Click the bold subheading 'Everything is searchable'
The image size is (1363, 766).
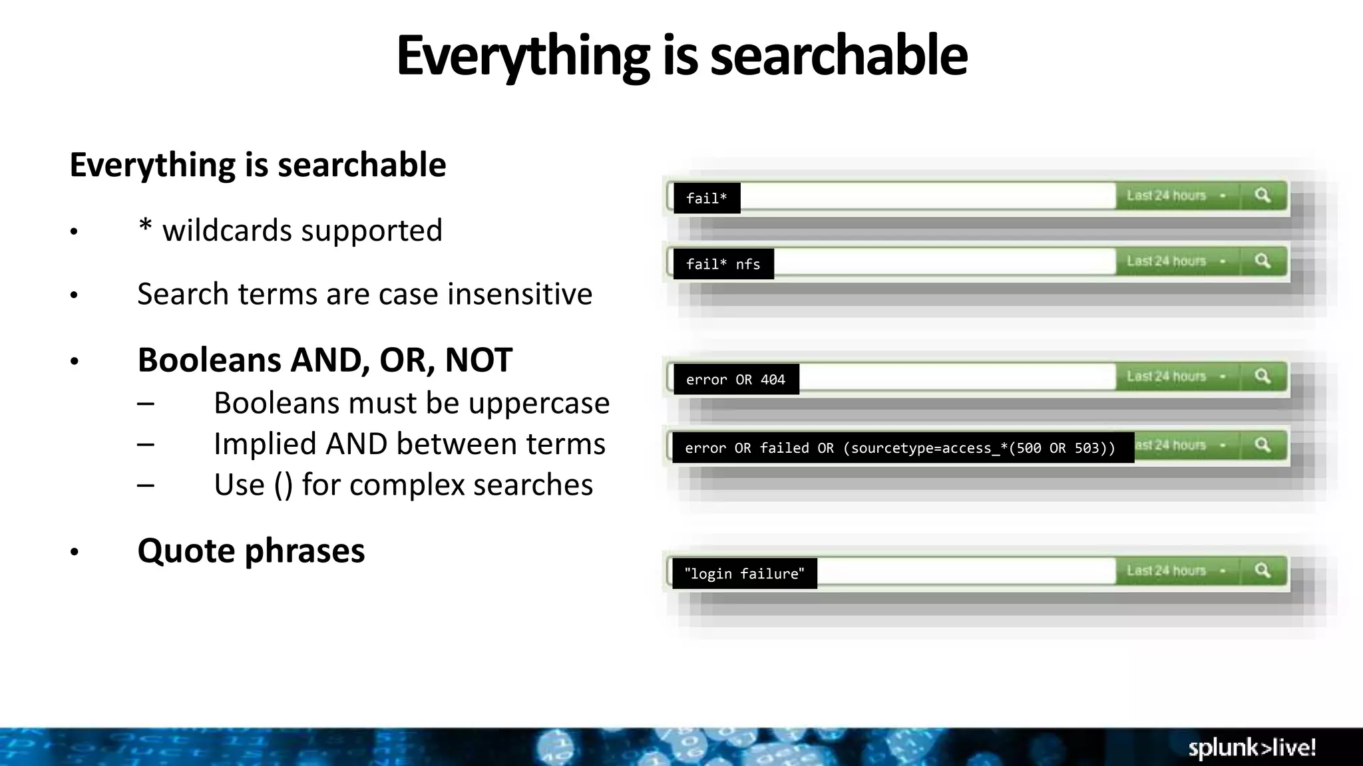coord(258,165)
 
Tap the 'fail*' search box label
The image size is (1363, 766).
coord(706,198)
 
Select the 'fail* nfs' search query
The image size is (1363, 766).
coord(723,264)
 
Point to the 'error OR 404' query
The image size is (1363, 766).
coord(735,380)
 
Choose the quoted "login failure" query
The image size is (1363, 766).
coord(744,574)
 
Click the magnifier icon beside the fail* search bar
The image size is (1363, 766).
coord(1263,195)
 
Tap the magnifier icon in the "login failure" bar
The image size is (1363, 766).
coord(1263,571)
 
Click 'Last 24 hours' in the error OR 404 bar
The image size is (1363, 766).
coord(1166,376)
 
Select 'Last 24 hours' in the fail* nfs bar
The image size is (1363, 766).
coord(1166,261)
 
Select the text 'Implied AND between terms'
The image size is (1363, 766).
coord(409,444)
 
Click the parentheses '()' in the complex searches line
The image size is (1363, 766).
coord(283,485)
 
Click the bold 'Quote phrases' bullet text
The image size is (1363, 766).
coord(251,551)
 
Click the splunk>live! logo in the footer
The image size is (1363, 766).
coord(1251,747)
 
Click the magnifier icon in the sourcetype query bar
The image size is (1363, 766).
coord(1263,445)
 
